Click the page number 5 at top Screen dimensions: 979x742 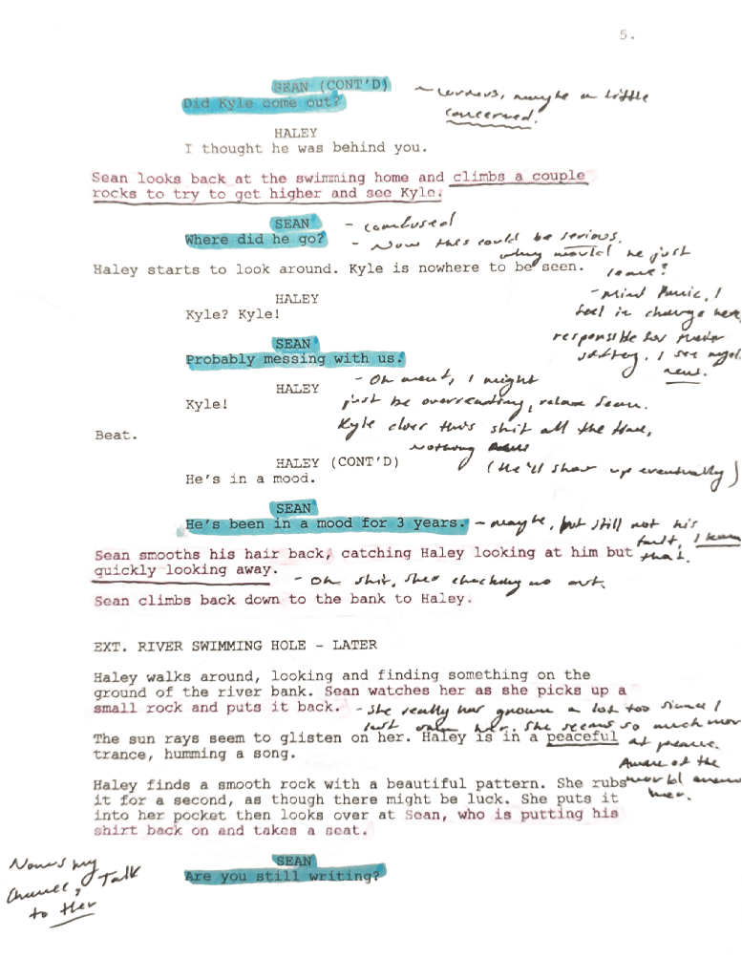click(x=625, y=35)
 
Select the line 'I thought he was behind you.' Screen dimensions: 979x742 click(x=305, y=148)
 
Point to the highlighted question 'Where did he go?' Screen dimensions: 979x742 click(x=255, y=239)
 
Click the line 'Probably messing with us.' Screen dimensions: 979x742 click(x=294, y=360)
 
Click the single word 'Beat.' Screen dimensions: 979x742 click(x=116, y=436)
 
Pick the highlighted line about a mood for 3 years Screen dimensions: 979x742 click(x=327, y=524)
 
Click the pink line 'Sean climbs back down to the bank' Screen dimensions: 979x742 click(x=282, y=601)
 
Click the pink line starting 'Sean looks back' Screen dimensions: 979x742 click(x=338, y=178)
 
